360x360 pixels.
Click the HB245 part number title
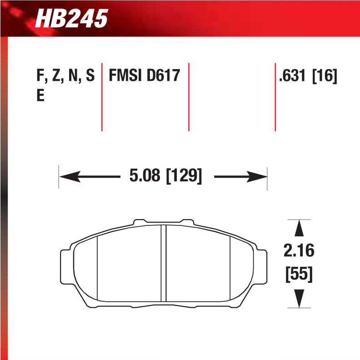pyautogui.click(x=71, y=19)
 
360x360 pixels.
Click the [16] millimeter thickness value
pyautogui.click(x=325, y=76)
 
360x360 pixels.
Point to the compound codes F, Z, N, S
pyautogui.click(x=65, y=76)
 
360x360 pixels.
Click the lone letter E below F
pyautogui.click(x=40, y=96)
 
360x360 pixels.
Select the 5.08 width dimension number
pyautogui.click(x=145, y=175)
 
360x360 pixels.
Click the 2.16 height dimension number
pyautogui.click(x=299, y=250)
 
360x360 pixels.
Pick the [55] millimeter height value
pyautogui.click(x=299, y=275)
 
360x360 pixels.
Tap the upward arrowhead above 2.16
pyautogui.click(x=299, y=228)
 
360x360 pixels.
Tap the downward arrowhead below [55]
pyautogui.click(x=299, y=299)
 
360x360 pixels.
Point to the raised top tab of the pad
pyautogui.click(x=164, y=222)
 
